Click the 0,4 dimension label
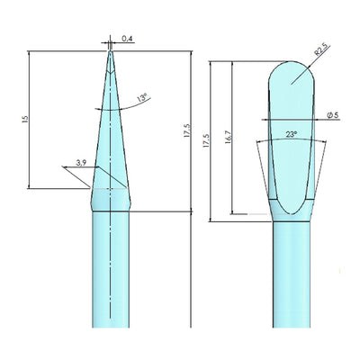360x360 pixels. click(128, 39)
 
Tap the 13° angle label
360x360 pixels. click(142, 98)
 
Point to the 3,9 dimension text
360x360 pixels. click(81, 163)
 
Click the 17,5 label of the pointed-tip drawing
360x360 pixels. click(187, 130)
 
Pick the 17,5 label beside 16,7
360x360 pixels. click(206, 141)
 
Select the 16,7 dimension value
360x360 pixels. click(228, 137)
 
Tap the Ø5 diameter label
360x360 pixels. click(333, 115)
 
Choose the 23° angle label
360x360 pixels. click(291, 135)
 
